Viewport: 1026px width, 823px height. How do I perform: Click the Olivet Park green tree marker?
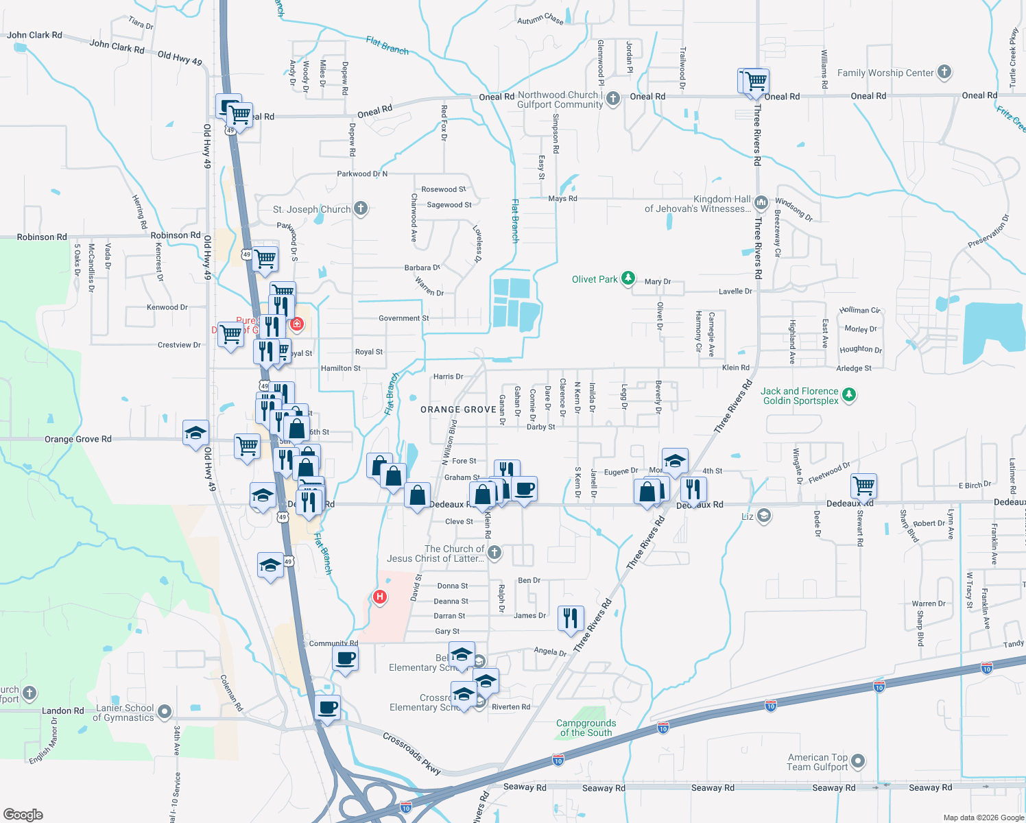click(x=628, y=278)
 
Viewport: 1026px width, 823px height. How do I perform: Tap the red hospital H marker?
click(x=379, y=597)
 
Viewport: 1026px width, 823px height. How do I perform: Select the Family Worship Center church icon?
click(x=944, y=72)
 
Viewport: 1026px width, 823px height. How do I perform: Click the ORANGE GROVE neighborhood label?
click(x=458, y=409)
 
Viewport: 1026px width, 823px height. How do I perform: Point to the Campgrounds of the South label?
click(x=586, y=728)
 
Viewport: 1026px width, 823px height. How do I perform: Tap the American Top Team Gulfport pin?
click(x=858, y=762)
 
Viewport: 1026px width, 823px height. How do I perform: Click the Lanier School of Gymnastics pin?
click(x=165, y=713)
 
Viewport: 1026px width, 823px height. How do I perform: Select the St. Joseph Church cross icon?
click(x=361, y=208)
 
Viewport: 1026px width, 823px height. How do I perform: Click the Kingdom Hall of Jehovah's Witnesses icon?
click(x=761, y=203)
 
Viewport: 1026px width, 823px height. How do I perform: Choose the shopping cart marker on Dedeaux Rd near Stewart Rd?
click(x=863, y=485)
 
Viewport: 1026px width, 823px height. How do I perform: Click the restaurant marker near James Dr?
click(x=571, y=617)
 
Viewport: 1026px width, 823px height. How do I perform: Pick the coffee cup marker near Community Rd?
click(x=345, y=658)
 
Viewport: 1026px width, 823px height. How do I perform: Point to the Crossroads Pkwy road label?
click(x=411, y=753)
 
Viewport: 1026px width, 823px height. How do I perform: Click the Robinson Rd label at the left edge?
click(x=42, y=237)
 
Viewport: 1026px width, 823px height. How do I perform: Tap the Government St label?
click(x=404, y=318)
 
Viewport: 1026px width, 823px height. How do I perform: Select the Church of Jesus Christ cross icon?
click(x=494, y=553)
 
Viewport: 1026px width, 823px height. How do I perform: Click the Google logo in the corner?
click(x=23, y=814)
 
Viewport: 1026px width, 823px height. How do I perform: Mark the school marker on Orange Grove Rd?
click(x=195, y=433)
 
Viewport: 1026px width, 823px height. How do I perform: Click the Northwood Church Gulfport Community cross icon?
click(x=613, y=99)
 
